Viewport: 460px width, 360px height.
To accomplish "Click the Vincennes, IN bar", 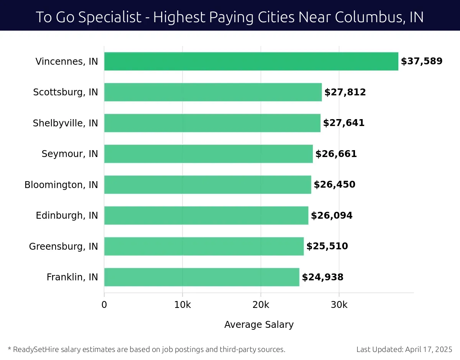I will coord(251,61).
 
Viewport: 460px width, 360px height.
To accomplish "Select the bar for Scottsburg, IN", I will coord(213,92).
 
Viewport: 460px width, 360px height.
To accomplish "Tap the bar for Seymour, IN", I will coord(208,154).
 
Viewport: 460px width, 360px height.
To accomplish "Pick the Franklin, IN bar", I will coord(202,277).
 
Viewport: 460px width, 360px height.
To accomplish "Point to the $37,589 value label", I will coord(422,61).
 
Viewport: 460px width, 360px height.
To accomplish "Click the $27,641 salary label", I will coord(344,123).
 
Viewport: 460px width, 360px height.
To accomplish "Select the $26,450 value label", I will coord(335,185).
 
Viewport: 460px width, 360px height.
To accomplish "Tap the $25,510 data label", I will coord(327,246).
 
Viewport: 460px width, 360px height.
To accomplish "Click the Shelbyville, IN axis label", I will coord(65,123).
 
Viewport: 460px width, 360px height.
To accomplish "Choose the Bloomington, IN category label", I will coord(61,185).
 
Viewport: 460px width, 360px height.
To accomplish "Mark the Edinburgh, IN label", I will coord(67,216).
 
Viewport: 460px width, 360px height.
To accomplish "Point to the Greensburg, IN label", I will coord(63,246).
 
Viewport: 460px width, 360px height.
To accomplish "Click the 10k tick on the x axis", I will coord(182,305).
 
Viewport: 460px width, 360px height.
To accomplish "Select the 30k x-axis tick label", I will coord(339,305).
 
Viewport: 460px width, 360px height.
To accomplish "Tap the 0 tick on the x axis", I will coord(104,305).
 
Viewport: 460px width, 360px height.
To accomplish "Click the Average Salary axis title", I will coord(259,325).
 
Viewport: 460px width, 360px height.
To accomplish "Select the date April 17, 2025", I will coord(429,349).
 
